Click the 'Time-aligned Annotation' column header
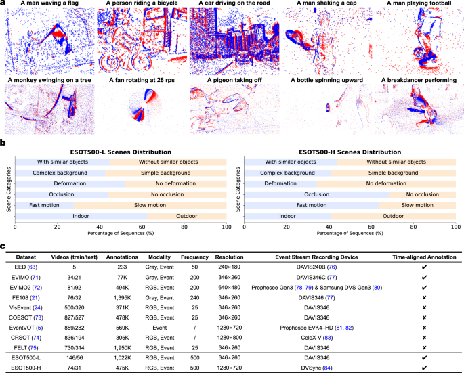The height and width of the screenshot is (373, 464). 424,258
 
